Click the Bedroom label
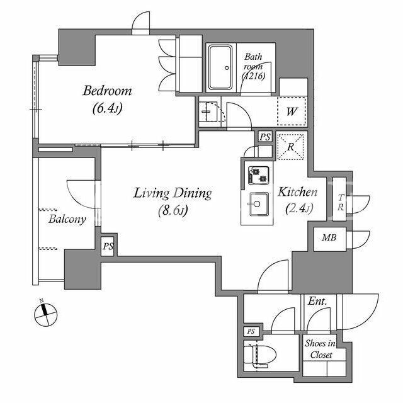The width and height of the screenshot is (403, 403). tap(107, 91)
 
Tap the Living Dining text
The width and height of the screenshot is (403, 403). tap(173, 193)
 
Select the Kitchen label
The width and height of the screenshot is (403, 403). tap(298, 192)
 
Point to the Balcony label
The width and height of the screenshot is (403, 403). tap(67, 219)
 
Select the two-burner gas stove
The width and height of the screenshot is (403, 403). tap(258, 176)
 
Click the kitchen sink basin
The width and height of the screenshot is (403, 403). tap(258, 205)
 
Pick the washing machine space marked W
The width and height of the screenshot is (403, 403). tap(292, 111)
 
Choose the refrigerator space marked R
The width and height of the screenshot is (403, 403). tap(290, 147)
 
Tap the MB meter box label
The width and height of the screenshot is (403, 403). tap(329, 238)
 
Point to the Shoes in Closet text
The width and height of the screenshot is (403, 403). tap(321, 349)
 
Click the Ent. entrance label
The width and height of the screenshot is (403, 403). tap(317, 302)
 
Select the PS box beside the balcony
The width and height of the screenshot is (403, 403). tap(108, 246)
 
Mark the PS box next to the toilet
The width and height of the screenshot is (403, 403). tap(251, 332)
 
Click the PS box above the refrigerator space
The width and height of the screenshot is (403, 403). tap(264, 137)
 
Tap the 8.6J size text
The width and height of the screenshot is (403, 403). tap(173, 210)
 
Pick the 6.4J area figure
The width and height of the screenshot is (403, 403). tap(107, 108)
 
